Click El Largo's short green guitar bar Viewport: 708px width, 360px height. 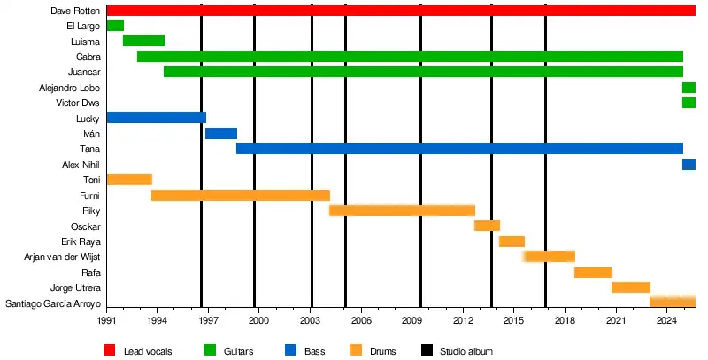coord(115,26)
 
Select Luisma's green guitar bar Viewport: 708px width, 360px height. coord(143,41)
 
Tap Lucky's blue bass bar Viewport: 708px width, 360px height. coord(156,118)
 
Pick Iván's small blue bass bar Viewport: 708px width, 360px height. coord(221,134)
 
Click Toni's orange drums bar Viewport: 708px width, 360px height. coord(129,180)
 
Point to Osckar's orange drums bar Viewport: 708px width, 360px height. coord(487,226)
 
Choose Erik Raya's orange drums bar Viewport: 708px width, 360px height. coord(512,241)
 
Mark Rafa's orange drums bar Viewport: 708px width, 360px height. coord(593,272)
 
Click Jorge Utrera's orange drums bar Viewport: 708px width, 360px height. coord(631,287)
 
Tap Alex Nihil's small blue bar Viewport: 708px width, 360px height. coord(689,165)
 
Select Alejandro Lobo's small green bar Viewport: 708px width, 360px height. coord(689,88)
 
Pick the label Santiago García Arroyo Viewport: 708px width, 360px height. coord(53,303)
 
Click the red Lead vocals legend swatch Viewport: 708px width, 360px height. coord(111,351)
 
